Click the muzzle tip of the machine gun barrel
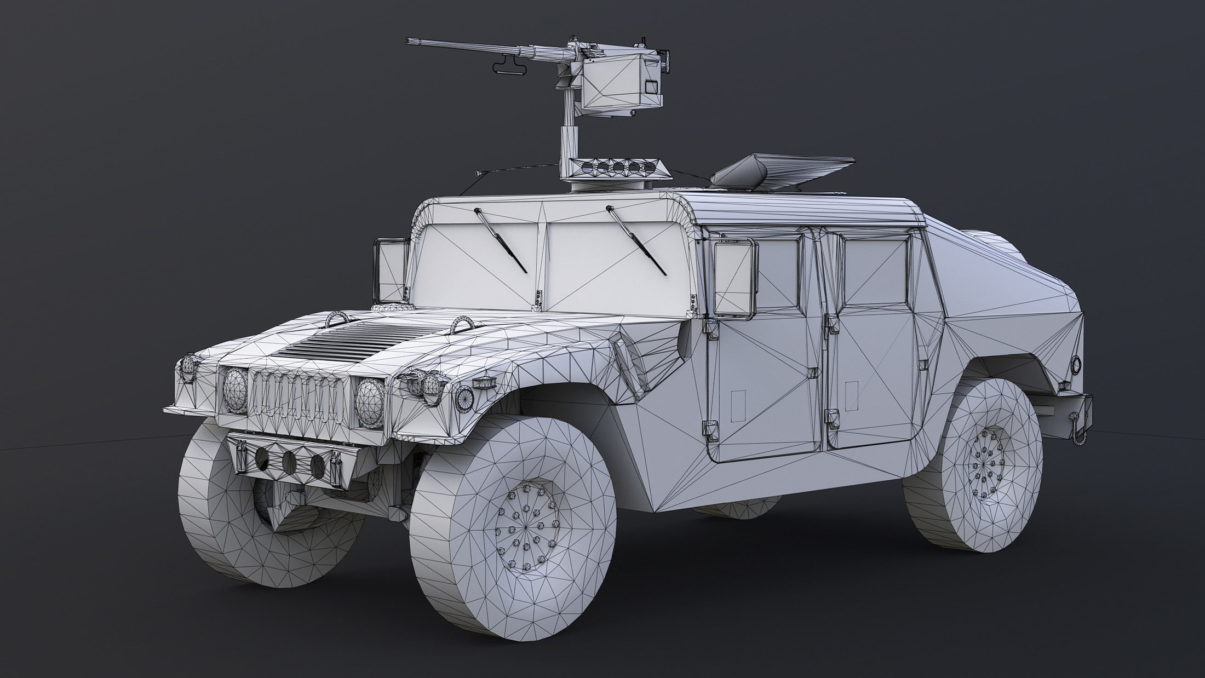coord(409,41)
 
